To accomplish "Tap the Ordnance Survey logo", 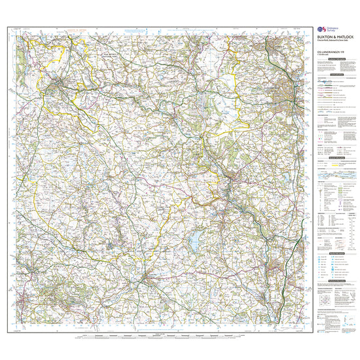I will click(x=322, y=29).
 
